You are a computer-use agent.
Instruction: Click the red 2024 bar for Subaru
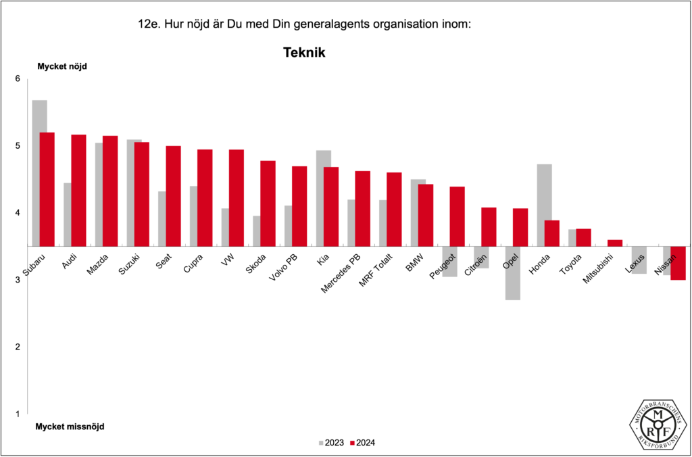pos(47,189)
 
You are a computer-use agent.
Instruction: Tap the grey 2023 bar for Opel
pos(513,273)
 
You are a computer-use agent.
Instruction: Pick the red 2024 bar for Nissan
pos(678,263)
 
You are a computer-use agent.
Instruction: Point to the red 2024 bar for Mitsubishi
pos(614,243)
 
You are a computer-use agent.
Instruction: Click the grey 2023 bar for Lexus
pos(639,260)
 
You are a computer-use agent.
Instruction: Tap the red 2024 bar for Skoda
pos(268,203)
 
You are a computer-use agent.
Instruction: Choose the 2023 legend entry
pos(330,443)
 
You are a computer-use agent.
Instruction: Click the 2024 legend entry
pos(362,443)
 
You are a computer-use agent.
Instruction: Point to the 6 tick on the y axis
pos(18,79)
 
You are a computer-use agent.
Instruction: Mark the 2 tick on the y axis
pos(18,347)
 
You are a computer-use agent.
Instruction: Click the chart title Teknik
pos(304,52)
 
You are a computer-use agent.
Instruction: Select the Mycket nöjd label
pos(62,66)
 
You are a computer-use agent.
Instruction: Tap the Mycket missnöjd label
pos(70,427)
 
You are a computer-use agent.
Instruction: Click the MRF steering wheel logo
pos(658,423)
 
